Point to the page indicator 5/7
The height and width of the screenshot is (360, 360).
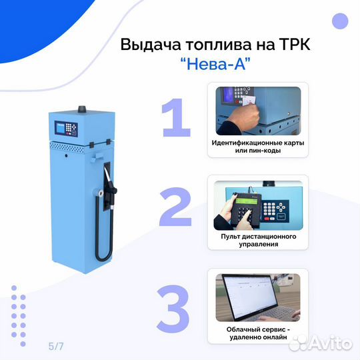57,346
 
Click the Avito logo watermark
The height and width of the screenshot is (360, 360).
321,343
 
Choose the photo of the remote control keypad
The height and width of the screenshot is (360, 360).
257,204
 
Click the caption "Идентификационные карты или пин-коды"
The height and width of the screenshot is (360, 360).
257,146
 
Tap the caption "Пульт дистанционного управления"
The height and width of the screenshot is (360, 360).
257,240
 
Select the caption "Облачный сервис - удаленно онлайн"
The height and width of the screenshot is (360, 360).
257,333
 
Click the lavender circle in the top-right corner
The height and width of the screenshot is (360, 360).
340,21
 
